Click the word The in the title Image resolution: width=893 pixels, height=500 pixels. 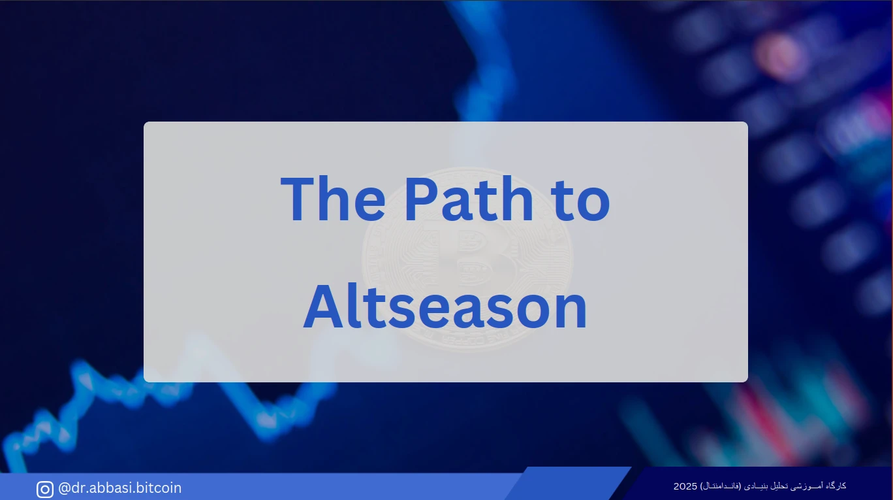tap(333, 198)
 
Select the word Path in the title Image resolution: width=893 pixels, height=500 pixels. tap(469, 198)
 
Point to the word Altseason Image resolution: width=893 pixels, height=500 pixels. tap(445, 307)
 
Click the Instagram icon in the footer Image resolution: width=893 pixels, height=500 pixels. tap(45, 490)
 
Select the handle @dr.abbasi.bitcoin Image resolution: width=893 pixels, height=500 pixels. tap(119, 488)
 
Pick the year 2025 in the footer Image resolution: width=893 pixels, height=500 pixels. tap(685, 486)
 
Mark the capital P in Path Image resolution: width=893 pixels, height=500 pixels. tap(422, 198)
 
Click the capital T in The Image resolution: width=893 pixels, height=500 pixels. tap(300, 198)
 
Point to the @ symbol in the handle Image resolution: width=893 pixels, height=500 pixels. tap(65, 488)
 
